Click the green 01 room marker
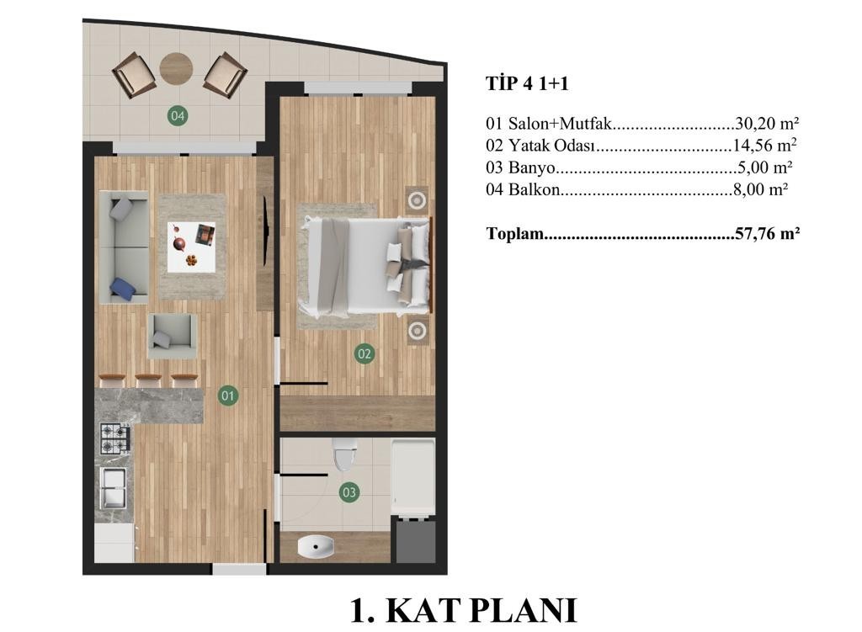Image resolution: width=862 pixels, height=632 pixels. point(228,396)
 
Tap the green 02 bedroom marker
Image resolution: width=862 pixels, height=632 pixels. point(364,353)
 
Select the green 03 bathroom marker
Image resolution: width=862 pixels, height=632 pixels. point(349,491)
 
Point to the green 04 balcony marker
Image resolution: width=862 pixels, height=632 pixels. point(177,115)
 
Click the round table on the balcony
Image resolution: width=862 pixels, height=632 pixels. point(176,68)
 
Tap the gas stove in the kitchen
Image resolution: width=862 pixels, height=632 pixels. point(115,438)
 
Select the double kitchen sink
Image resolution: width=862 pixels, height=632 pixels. point(114,488)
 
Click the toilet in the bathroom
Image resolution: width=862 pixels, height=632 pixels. point(344,454)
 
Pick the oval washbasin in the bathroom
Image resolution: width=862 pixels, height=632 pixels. point(316,546)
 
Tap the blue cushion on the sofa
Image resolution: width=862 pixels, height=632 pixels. point(123,289)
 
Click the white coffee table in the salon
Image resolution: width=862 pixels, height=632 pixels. point(192,247)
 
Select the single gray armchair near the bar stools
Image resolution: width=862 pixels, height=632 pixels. point(173,336)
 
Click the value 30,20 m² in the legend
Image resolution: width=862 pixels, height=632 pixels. point(766,123)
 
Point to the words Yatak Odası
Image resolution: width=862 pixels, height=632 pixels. point(552,146)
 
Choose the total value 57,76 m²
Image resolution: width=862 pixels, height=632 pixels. point(767,234)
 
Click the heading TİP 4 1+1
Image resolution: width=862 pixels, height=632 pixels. point(527,83)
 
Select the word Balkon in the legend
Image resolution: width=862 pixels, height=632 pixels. point(535,189)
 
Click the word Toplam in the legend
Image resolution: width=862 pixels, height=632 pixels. point(515,234)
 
